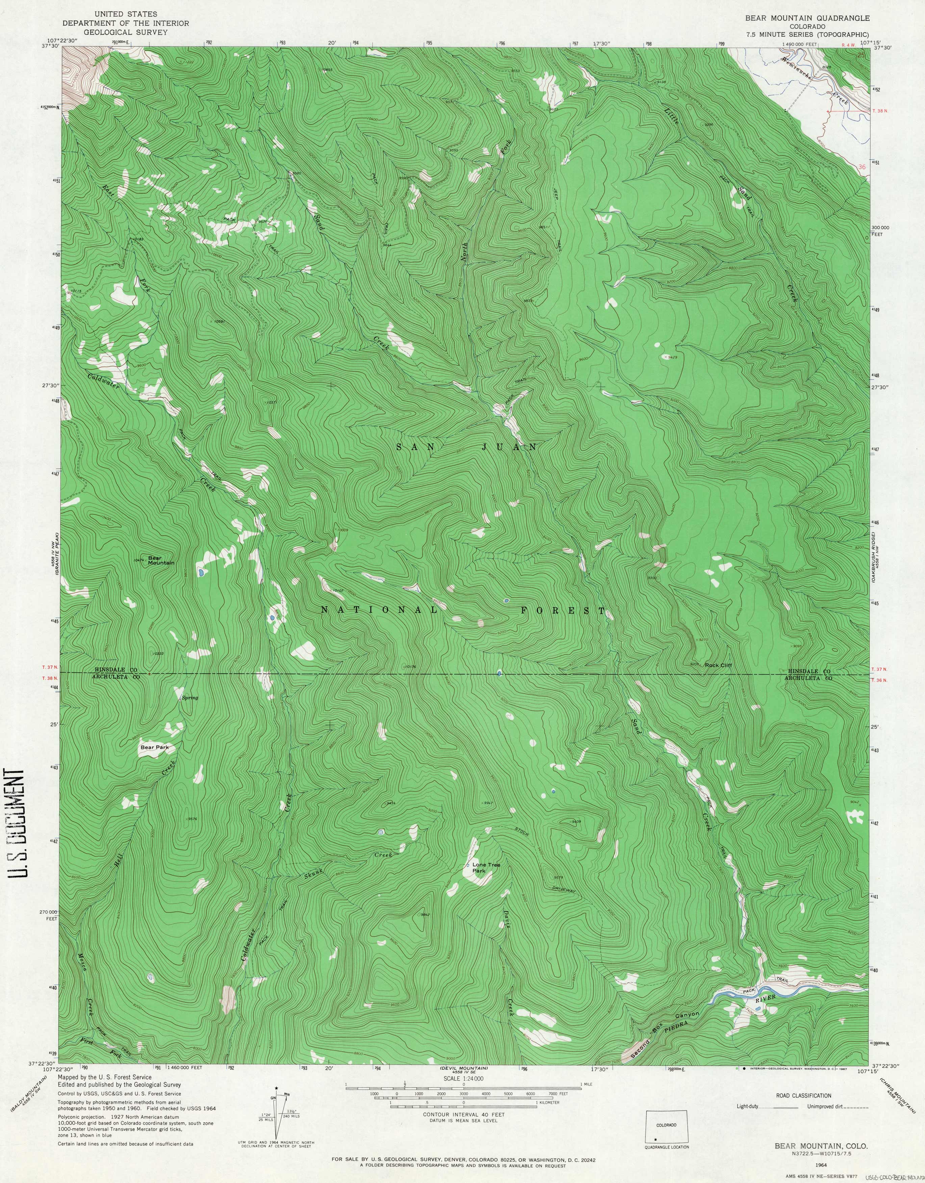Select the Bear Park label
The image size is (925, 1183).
(x=155, y=747)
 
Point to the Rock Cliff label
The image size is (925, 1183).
(x=718, y=665)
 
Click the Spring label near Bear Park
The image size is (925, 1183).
(x=189, y=698)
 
